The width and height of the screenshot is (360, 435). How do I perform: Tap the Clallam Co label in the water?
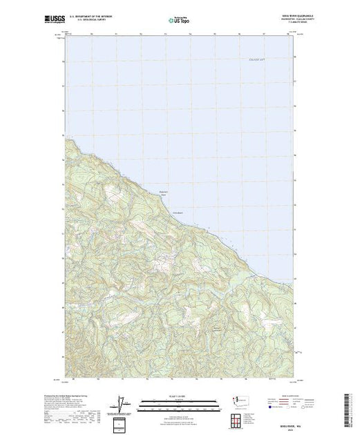tap(257, 61)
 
